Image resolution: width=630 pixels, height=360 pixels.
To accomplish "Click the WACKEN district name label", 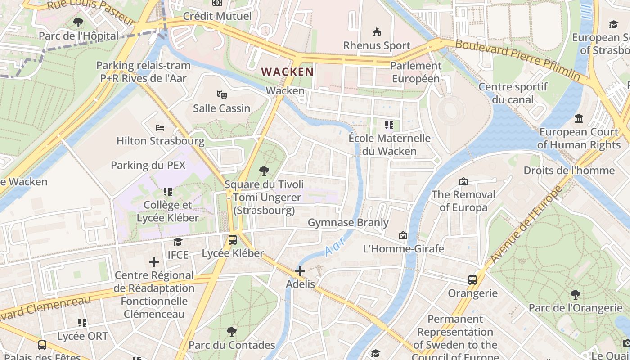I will point(288,72).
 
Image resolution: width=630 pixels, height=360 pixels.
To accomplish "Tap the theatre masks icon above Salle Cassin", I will point(221,95).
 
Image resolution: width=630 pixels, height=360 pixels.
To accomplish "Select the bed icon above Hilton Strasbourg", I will point(160,128).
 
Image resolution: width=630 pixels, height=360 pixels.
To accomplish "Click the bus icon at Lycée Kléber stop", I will point(232,240).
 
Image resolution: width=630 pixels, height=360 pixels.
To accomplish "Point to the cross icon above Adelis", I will point(300,271).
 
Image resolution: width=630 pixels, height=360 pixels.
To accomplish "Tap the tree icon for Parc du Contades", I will point(231,332).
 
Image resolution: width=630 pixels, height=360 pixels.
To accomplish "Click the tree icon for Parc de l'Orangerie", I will point(575,295).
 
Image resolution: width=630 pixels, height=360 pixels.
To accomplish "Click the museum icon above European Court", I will point(579,119).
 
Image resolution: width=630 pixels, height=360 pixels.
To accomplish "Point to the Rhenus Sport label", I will point(377,45).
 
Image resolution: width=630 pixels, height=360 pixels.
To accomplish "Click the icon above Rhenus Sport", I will point(376,32).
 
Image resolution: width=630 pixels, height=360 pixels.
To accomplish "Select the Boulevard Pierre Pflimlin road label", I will point(517,59).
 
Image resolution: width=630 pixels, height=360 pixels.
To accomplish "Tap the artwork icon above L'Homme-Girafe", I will point(403,235).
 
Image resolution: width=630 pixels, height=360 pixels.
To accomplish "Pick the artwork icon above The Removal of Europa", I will point(463,181).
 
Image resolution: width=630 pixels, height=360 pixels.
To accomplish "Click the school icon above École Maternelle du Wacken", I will point(389,125).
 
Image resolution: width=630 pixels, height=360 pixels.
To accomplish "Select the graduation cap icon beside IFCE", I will point(178,242).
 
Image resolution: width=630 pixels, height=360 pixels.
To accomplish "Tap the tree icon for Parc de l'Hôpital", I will point(78,22).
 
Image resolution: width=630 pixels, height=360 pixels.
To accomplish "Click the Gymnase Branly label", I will point(348,223).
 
